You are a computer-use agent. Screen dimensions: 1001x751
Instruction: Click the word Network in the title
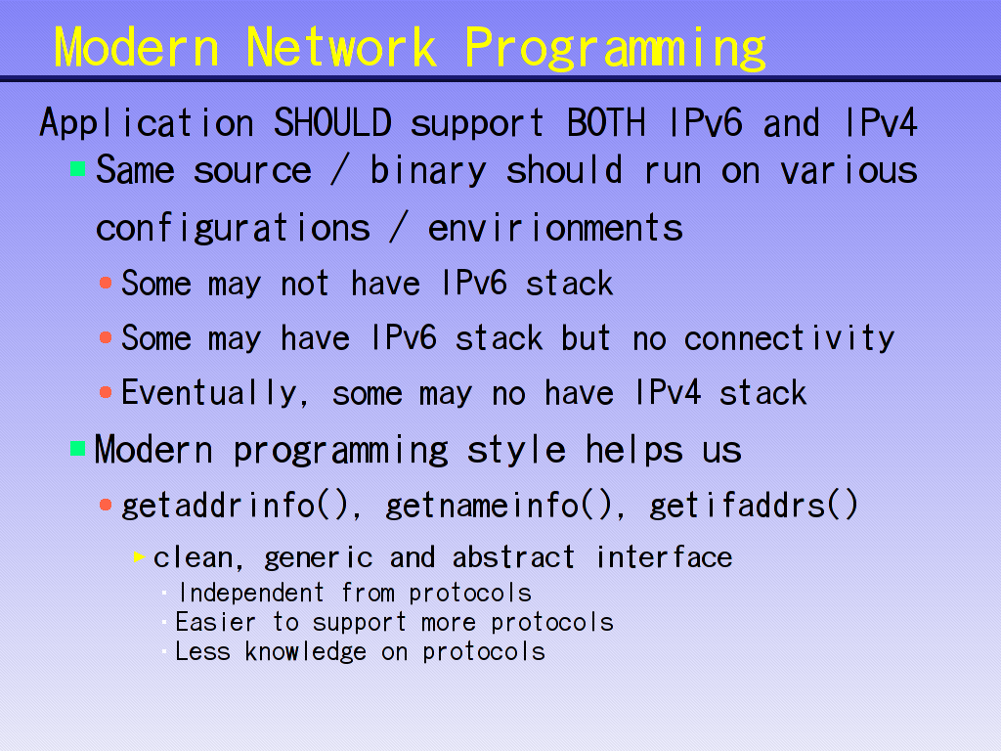pos(341,47)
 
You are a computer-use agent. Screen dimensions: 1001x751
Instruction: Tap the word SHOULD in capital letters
pos(332,122)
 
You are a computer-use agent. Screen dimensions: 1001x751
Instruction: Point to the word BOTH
pos(606,122)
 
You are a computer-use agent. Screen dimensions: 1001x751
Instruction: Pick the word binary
pos(428,171)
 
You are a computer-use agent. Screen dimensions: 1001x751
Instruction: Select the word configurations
pos(233,229)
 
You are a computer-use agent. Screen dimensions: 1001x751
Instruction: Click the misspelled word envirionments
pos(555,228)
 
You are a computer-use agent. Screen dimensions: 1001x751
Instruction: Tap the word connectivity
pos(789,337)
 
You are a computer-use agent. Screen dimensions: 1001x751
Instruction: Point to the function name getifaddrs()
pos(754,506)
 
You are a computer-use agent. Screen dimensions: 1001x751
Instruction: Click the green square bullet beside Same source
pos(78,168)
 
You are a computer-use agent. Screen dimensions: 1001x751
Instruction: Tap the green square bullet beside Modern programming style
pos(78,448)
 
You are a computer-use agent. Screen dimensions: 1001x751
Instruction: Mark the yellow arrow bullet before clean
pos(139,556)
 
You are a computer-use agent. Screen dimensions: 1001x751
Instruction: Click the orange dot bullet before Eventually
pos(106,392)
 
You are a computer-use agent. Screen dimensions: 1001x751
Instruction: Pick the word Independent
pos(251,593)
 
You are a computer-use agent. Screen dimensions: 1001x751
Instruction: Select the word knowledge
pos(306,652)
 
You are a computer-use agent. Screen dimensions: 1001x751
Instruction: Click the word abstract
pos(513,557)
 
